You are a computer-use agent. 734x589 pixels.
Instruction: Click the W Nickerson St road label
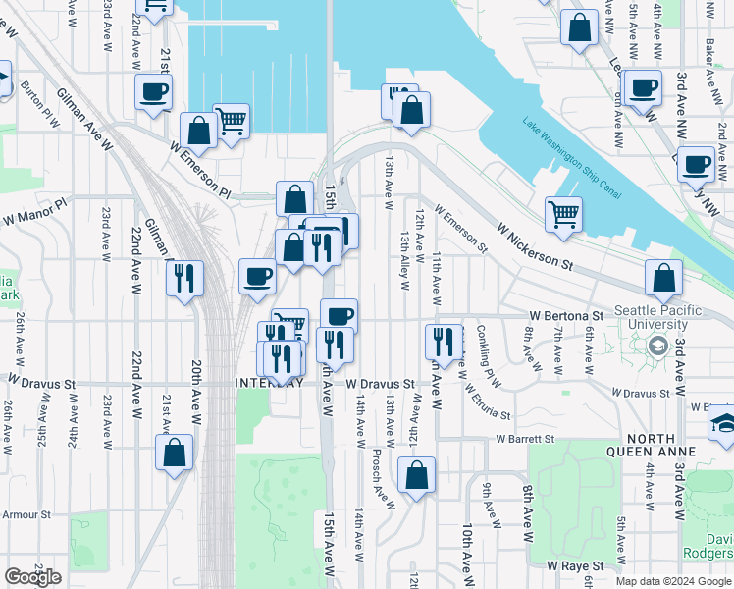[534, 246]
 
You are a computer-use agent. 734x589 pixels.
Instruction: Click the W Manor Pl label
[34, 211]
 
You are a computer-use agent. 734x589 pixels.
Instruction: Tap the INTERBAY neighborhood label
[266, 382]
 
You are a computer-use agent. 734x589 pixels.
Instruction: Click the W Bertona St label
[565, 316]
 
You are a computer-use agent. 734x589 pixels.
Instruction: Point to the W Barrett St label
[525, 439]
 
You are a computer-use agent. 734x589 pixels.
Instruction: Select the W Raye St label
[579, 566]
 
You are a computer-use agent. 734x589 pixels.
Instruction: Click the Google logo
[32, 577]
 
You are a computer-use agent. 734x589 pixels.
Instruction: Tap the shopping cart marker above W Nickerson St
[563, 214]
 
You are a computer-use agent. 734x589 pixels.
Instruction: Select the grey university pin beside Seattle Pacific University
[656, 345]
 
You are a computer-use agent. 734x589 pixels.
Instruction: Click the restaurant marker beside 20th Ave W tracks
[184, 280]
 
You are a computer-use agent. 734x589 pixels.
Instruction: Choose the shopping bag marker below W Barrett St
[417, 476]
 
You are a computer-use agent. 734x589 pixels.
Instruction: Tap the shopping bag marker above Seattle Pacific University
[664, 279]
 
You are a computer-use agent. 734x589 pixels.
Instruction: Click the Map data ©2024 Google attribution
[673, 581]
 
